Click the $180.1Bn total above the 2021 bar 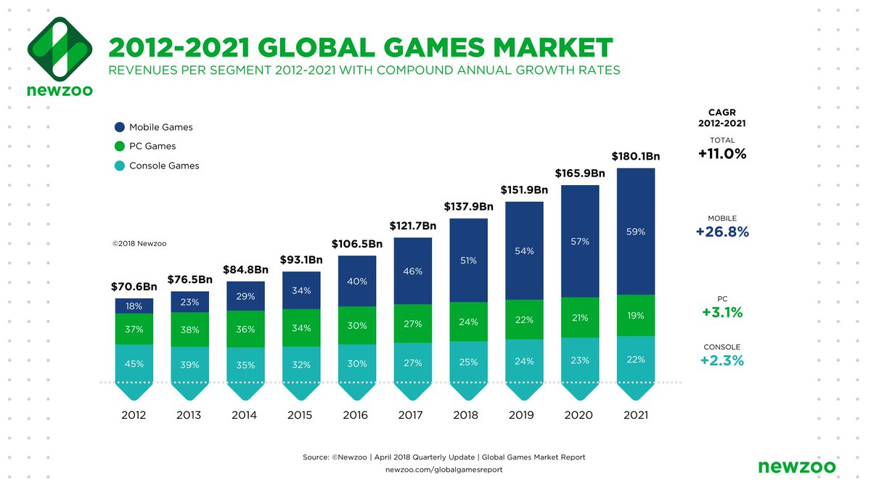tap(635, 156)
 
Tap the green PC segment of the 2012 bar tap(134, 329)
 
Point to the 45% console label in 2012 tap(134, 364)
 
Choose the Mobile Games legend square tap(119, 127)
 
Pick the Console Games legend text tap(164, 166)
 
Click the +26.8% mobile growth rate tap(721, 232)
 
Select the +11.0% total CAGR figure tap(721, 154)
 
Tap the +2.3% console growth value tap(721, 361)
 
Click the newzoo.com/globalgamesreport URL tap(443, 470)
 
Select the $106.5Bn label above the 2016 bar tap(357, 244)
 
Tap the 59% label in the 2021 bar tap(636, 232)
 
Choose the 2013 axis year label tap(189, 415)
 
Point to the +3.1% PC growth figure tap(721, 313)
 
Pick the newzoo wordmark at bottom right tap(796, 466)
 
